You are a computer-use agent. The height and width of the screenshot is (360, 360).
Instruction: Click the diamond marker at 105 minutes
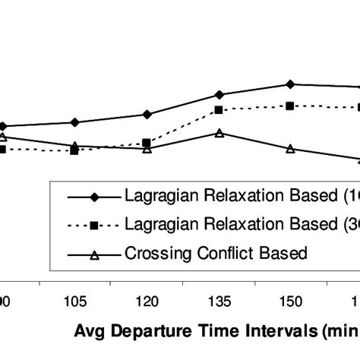click(x=74, y=122)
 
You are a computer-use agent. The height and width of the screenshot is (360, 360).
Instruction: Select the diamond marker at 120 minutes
click(x=147, y=114)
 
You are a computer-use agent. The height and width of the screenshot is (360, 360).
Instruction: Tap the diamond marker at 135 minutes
click(x=219, y=94)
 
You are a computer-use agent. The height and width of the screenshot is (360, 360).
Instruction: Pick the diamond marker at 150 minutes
click(x=290, y=84)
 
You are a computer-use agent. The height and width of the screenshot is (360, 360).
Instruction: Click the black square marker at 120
click(x=147, y=143)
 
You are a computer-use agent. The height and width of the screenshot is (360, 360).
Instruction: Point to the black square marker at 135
click(x=219, y=110)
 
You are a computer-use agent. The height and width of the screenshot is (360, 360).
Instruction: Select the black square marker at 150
click(x=290, y=106)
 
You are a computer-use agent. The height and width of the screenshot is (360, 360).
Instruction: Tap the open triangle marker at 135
click(x=219, y=133)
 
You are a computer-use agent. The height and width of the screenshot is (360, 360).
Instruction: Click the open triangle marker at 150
click(x=290, y=149)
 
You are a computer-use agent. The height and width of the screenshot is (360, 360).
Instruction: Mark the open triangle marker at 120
click(x=147, y=149)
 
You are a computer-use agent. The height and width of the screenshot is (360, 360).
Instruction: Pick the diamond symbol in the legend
click(x=96, y=197)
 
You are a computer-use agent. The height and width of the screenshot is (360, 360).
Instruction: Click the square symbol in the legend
click(x=96, y=225)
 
